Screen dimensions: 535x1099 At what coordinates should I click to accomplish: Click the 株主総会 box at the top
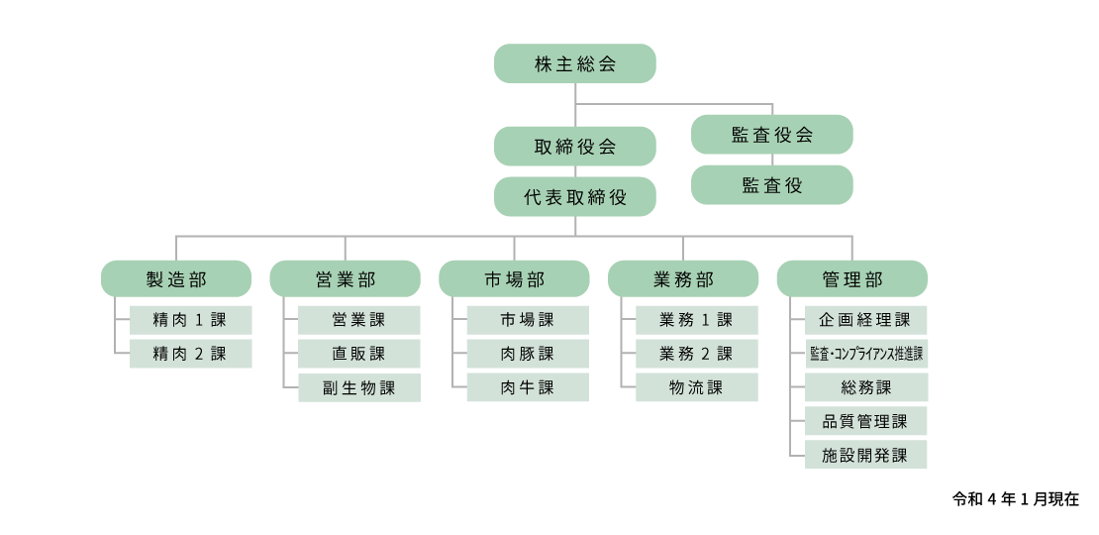point(574,63)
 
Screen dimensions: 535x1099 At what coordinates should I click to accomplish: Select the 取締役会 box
point(574,146)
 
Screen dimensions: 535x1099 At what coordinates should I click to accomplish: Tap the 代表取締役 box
point(574,196)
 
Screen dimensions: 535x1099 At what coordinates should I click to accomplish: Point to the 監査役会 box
point(771,135)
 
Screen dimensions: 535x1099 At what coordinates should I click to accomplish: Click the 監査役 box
point(771,185)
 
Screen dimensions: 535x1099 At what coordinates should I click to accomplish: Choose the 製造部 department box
point(176,278)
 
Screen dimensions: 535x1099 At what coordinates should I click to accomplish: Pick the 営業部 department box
point(345,278)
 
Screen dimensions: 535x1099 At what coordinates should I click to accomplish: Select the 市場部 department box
point(514,278)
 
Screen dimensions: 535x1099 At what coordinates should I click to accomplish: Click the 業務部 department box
point(683,278)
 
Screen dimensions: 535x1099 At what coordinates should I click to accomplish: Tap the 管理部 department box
point(851,278)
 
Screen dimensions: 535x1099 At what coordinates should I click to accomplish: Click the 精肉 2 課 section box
point(191,354)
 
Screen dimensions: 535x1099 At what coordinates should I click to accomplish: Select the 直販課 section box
point(359,354)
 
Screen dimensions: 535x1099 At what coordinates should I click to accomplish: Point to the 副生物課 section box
point(359,387)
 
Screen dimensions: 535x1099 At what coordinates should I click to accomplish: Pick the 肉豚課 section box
point(528,354)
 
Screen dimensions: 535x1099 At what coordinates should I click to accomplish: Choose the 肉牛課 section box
point(528,387)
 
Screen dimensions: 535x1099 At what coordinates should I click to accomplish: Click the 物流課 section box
point(697,387)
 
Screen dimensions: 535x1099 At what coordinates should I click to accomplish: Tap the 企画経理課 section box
point(865,320)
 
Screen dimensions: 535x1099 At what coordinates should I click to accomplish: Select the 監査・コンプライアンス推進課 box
point(865,354)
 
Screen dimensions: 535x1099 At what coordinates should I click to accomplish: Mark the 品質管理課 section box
point(865,421)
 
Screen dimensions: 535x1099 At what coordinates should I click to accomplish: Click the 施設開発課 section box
point(865,455)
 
